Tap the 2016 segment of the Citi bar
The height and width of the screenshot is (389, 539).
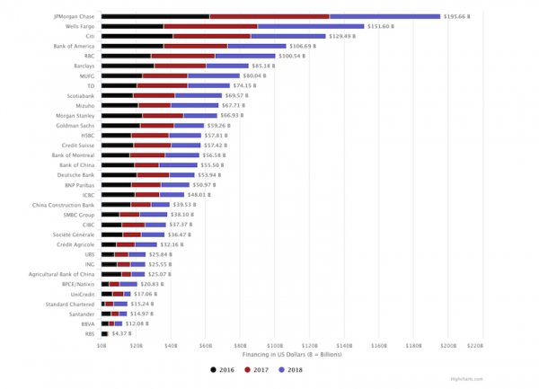click(131, 36)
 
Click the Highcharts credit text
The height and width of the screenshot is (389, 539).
click(513, 381)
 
